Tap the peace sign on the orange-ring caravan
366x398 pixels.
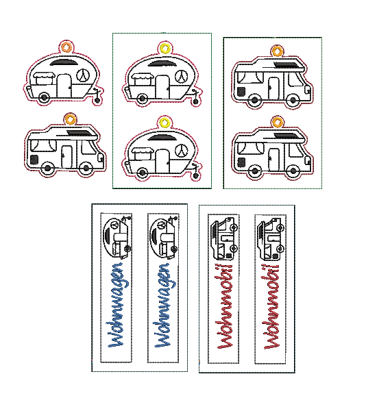83,75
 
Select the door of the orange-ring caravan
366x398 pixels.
64,86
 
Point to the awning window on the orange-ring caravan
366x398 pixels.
44,78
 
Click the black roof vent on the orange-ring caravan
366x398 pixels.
63,62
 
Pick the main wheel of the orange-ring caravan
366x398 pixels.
44,97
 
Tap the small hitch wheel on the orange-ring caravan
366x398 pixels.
97,99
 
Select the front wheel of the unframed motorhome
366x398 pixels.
86,168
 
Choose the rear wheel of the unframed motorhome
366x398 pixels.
47,168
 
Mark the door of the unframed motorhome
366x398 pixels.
66,157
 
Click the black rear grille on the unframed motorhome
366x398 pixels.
34,160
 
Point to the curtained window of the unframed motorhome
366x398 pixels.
43,145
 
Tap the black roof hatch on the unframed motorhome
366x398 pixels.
80,132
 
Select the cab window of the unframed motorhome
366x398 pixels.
88,147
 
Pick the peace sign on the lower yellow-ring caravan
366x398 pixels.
182,151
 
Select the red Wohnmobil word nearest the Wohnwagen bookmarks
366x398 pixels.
225,306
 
